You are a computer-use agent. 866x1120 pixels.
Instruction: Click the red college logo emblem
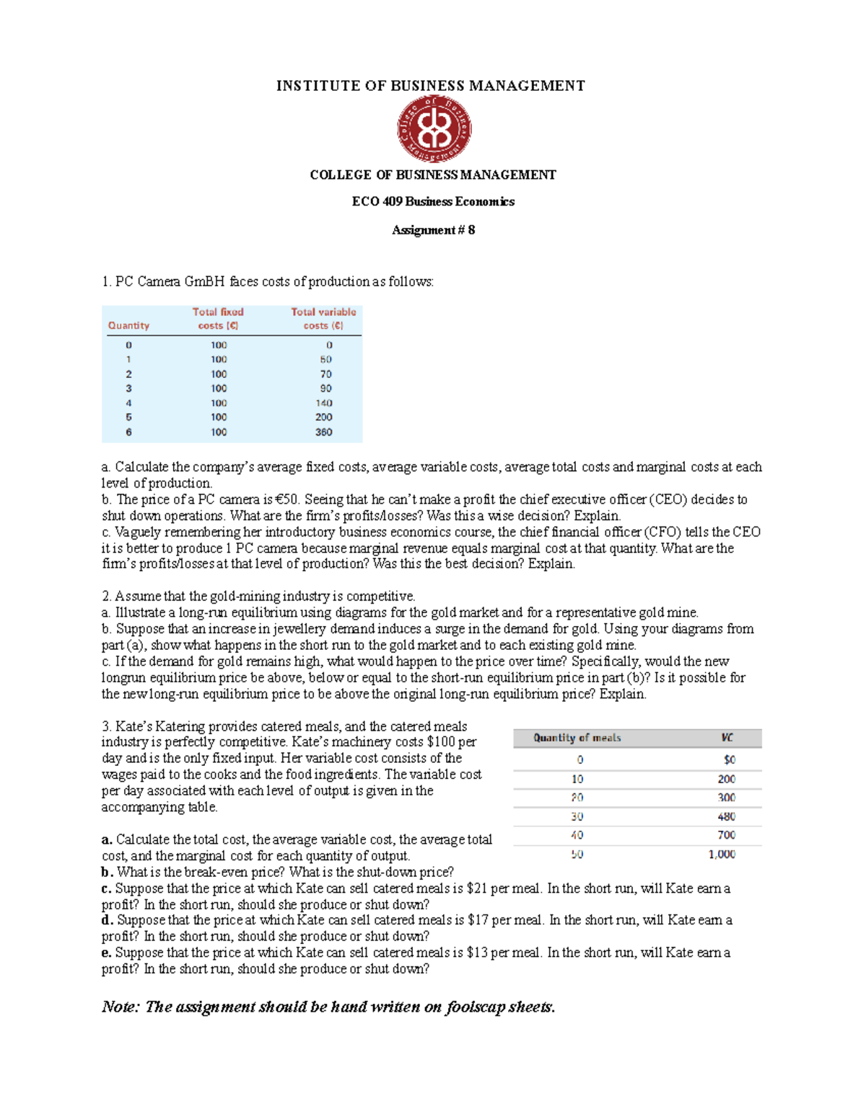coord(434,130)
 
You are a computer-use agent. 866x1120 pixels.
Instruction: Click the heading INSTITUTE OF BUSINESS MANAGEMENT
coord(430,86)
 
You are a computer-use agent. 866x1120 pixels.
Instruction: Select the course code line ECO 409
coord(433,202)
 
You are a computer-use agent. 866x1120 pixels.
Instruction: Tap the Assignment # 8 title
coord(433,230)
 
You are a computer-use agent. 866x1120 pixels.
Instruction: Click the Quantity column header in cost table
coord(128,326)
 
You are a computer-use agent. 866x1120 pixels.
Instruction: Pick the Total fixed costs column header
coord(218,319)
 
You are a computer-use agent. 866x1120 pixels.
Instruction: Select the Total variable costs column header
coord(323,319)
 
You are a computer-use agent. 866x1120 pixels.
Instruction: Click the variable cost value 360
coord(323,432)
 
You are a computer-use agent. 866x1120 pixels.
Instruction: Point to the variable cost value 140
coord(323,403)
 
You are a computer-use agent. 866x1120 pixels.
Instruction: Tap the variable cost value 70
coord(325,374)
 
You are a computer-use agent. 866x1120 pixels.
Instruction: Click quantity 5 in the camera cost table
coord(128,418)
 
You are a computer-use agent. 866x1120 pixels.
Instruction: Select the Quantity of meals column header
coord(577,738)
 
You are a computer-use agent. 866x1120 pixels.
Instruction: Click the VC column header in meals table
coord(727,738)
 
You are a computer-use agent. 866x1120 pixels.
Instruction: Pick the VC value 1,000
coord(721,854)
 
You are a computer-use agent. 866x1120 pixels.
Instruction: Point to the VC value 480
coord(726,816)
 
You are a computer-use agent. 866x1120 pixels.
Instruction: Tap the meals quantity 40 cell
coord(577,835)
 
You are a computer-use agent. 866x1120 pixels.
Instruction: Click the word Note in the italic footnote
coord(120,1007)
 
